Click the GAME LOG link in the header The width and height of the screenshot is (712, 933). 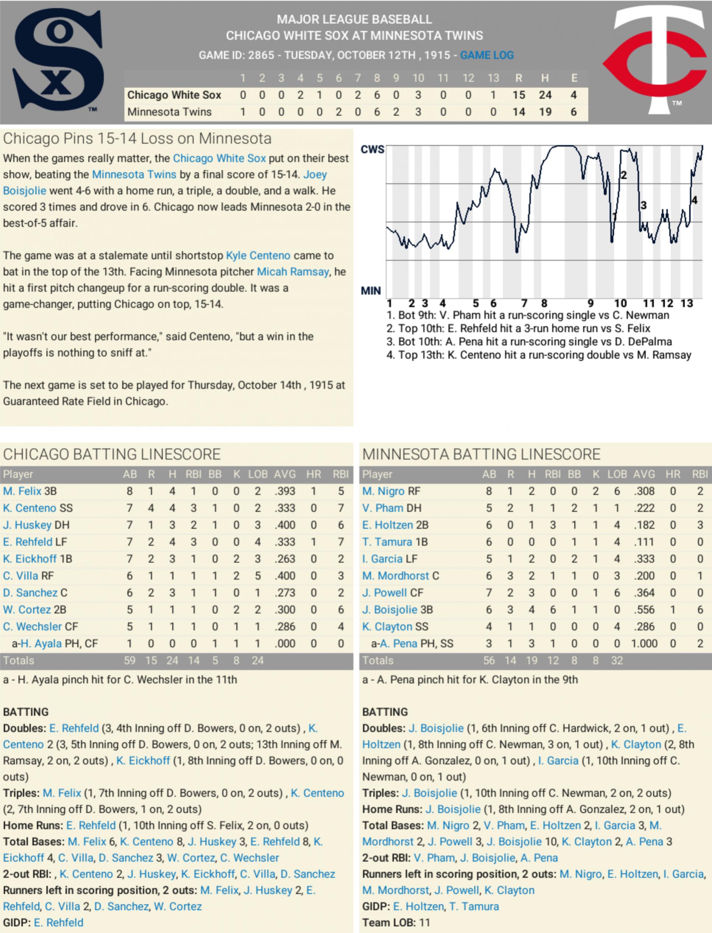pyautogui.click(x=487, y=55)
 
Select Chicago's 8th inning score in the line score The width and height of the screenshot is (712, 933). pyautogui.click(x=377, y=95)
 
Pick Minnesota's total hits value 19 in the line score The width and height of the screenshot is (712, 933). pyautogui.click(x=545, y=112)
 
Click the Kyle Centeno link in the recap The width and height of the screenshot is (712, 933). pyautogui.click(x=258, y=256)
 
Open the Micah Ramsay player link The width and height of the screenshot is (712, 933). pyautogui.click(x=292, y=271)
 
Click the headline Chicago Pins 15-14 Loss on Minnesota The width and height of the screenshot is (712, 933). pyautogui.click(x=137, y=138)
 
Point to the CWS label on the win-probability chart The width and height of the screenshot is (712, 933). pyautogui.click(x=372, y=149)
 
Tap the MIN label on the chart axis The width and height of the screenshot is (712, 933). pyautogui.click(x=371, y=291)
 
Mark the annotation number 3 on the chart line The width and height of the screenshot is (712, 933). pyautogui.click(x=643, y=206)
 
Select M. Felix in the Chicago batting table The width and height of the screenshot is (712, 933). pyautogui.click(x=22, y=491)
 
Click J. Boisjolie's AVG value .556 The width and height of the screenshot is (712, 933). pyautogui.click(x=644, y=610)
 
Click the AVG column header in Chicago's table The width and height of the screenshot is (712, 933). pyautogui.click(x=284, y=474)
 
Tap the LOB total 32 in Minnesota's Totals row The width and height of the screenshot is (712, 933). pyautogui.click(x=617, y=660)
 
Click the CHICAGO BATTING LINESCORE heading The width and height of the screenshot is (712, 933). pyautogui.click(x=112, y=454)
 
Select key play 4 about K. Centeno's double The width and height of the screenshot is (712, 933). pyautogui.click(x=538, y=355)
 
